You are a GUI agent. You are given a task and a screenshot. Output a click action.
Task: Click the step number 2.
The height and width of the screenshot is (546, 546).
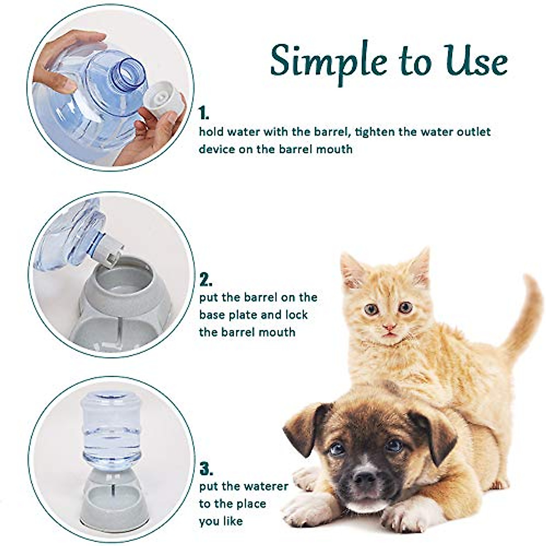click(206, 279)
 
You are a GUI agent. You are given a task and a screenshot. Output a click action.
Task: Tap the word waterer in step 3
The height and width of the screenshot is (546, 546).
click(265, 486)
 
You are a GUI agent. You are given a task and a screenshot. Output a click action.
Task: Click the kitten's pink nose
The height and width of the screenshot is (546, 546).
click(389, 327)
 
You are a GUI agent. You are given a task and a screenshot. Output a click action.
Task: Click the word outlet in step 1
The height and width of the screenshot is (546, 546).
click(473, 132)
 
